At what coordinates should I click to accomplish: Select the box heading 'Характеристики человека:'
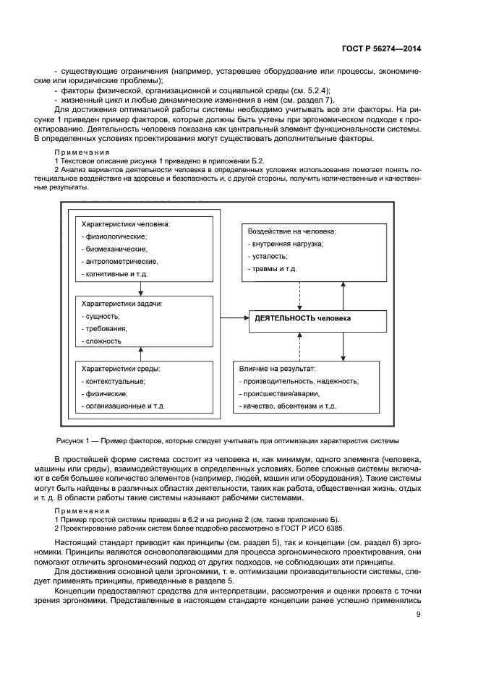[125, 225]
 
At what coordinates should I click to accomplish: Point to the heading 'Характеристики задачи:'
[121, 304]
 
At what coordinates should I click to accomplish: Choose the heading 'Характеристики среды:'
[120, 368]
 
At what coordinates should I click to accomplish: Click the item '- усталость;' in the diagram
[267, 256]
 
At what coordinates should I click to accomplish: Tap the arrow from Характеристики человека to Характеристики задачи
[141, 285]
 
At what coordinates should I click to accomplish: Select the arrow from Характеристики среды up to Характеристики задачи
[141, 354]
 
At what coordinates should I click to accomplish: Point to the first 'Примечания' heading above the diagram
[82, 153]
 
